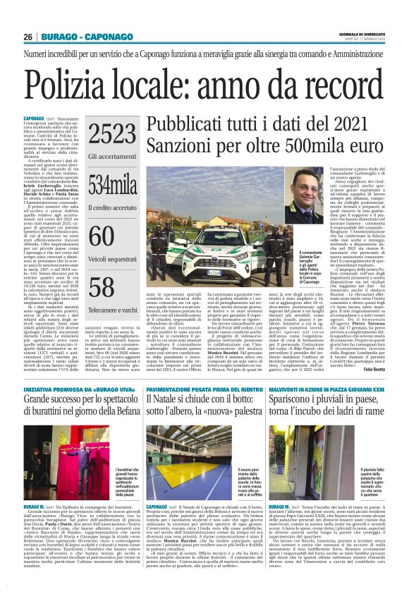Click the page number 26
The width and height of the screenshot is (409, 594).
[x=28, y=37]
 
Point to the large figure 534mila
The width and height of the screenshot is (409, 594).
[x=108, y=186]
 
